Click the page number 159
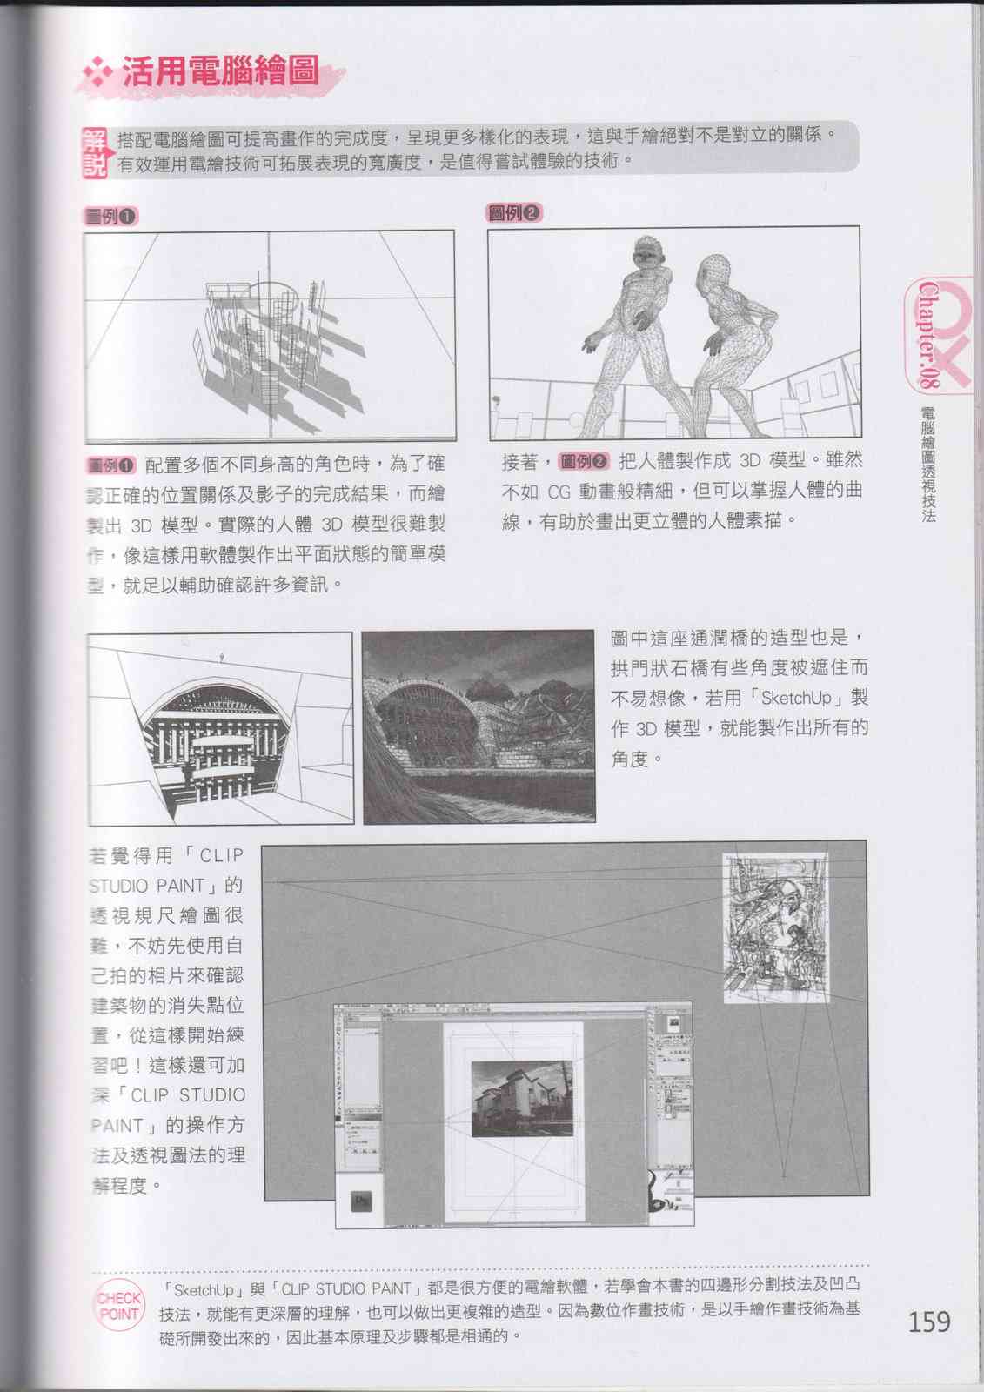929,1322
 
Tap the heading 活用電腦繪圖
219,72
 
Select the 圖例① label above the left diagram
110,217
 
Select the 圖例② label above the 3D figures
514,213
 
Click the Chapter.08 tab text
929,335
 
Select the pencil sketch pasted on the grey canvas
775,927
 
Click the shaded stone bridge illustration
479,726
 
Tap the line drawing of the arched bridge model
220,729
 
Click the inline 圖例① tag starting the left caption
112,465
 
